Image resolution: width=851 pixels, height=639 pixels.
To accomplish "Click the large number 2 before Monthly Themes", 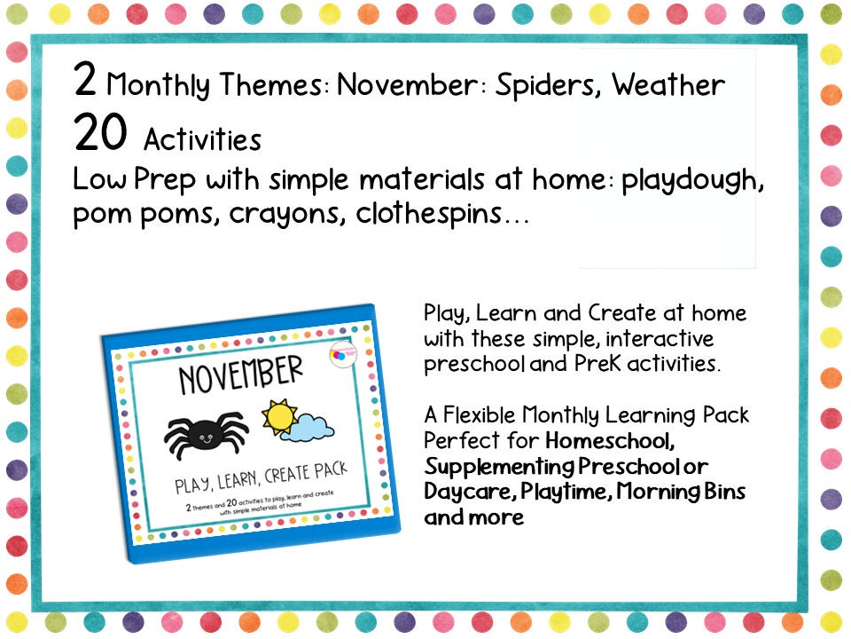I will coord(85,82).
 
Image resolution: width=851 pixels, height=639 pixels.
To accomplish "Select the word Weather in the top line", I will coord(668,86).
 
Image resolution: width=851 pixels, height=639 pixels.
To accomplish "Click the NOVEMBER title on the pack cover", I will coord(240,377).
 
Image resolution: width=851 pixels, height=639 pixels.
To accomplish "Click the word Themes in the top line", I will coord(279,86).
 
